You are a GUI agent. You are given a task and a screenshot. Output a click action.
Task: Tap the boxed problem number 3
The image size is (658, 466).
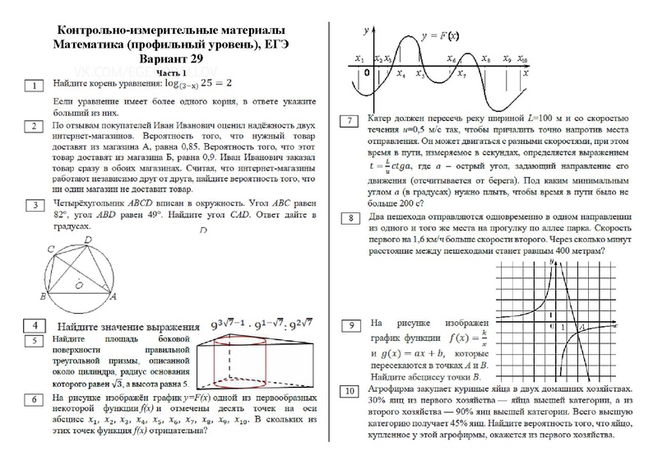click(34, 204)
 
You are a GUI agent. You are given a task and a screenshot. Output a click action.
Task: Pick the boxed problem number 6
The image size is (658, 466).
click(34, 399)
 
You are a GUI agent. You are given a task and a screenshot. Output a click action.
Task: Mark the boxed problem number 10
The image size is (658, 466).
click(350, 389)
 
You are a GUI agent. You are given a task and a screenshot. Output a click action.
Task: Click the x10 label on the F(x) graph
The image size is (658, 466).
click(524, 60)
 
